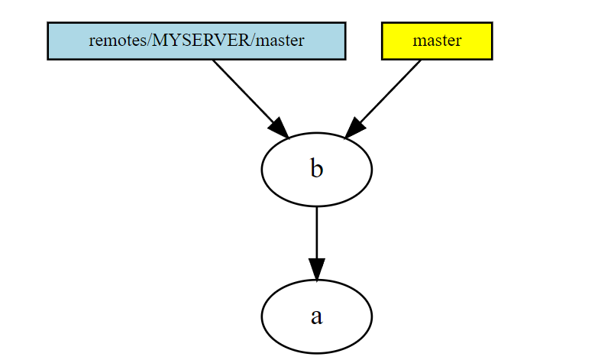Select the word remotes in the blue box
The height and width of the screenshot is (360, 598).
pos(112,41)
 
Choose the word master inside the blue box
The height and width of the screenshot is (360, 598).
pos(280,41)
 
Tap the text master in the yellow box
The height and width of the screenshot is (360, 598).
pos(436,41)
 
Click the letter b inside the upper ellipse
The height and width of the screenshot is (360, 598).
pos(317,169)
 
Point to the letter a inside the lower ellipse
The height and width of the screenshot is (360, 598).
pos(317,316)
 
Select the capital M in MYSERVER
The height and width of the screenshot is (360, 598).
pos(160,41)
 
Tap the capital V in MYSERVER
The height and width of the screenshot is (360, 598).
pos(225,41)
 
